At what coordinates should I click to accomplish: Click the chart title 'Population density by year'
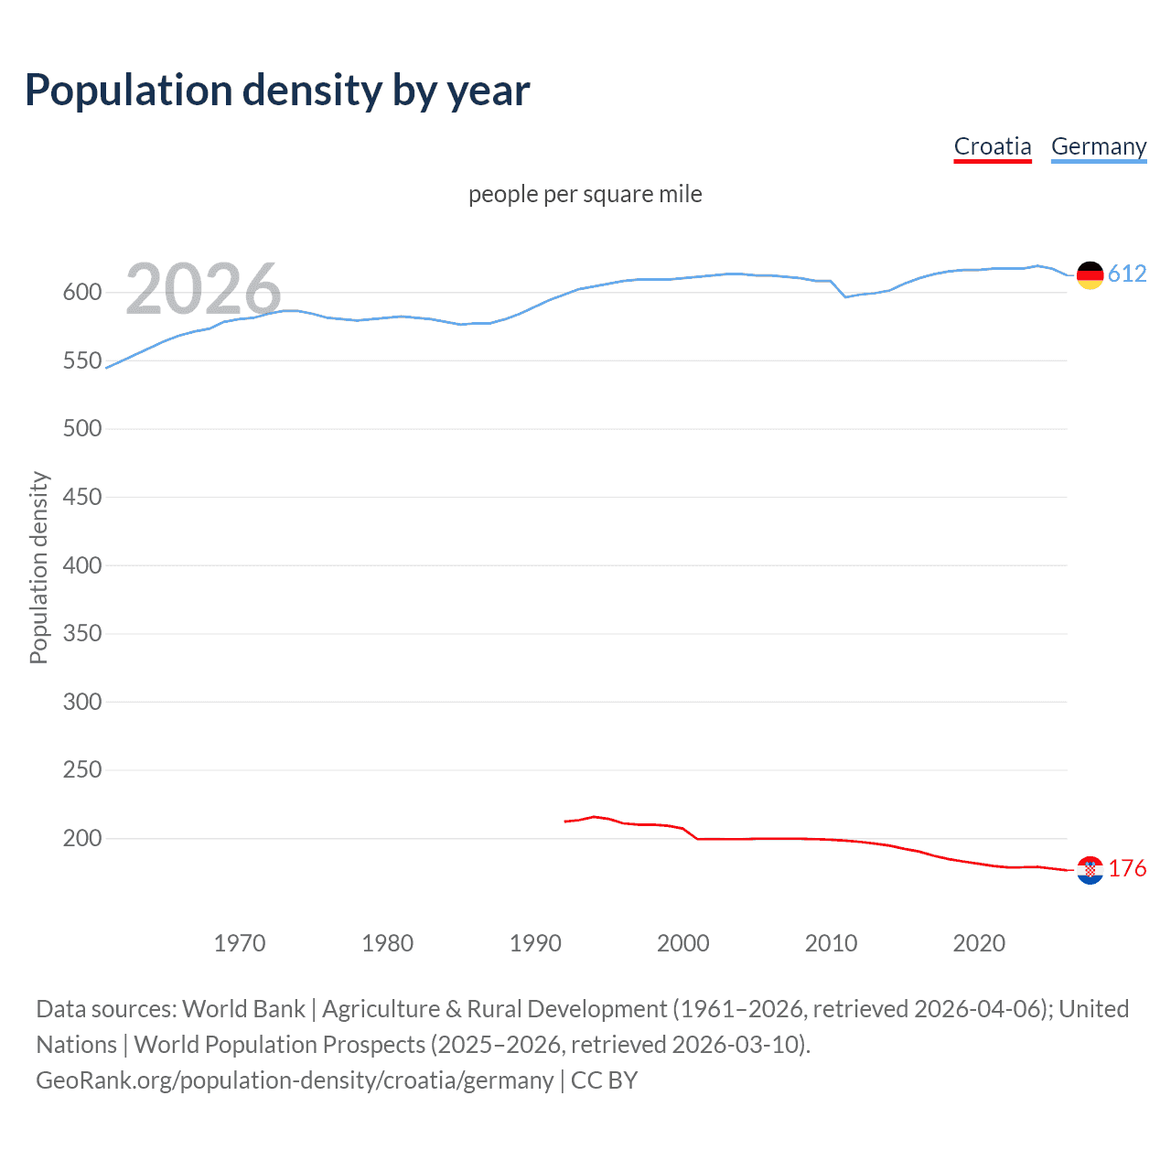coord(277,91)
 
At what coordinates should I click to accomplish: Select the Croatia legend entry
coord(993,146)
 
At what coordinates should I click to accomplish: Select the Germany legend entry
coord(1098,146)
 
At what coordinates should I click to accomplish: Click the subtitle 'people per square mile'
coord(585,194)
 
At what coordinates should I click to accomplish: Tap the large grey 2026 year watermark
coord(203,289)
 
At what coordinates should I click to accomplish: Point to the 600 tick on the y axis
coord(81,293)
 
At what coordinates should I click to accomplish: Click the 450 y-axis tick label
coord(81,497)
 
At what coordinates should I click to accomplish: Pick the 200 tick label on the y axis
coord(81,838)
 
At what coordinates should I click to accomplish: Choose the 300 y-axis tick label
coord(81,702)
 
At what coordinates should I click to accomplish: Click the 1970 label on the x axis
coord(240,943)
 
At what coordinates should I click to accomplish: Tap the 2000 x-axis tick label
coord(683,943)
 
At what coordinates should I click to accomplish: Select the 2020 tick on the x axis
coord(979,943)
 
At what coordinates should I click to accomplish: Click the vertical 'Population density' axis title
coord(38,567)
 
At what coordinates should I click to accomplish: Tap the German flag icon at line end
coord(1090,274)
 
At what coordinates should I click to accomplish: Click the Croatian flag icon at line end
coord(1090,870)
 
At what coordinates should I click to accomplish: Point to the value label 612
coord(1127,274)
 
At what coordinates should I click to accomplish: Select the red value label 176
coord(1127,869)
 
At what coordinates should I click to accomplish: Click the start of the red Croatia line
coord(565,822)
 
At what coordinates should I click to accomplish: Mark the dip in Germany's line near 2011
coord(845,296)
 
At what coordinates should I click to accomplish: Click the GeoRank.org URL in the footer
coord(295,1080)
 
